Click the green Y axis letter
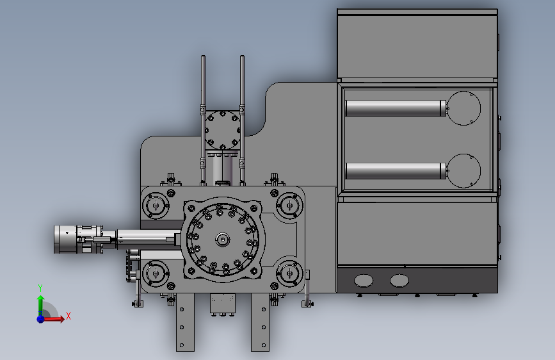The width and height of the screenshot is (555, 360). [x=40, y=288]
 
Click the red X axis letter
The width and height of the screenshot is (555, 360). [x=68, y=316]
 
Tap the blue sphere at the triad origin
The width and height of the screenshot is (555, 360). [x=41, y=319]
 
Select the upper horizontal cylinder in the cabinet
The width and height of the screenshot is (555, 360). [x=396, y=108]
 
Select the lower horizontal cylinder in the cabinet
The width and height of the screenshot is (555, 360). [x=396, y=171]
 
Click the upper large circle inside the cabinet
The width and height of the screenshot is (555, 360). [x=463, y=108]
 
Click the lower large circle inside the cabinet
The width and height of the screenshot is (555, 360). [x=463, y=171]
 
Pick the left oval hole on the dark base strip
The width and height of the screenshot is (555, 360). [x=364, y=281]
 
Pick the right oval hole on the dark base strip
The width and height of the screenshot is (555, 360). [x=399, y=281]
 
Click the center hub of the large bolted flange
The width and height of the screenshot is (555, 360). [x=222, y=240]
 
